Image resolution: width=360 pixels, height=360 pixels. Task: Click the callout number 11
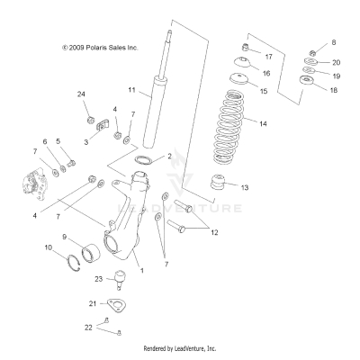click(x=130, y=90)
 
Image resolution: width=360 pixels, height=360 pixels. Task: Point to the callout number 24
click(x=80, y=94)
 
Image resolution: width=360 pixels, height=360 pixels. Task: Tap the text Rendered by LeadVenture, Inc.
click(x=180, y=348)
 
